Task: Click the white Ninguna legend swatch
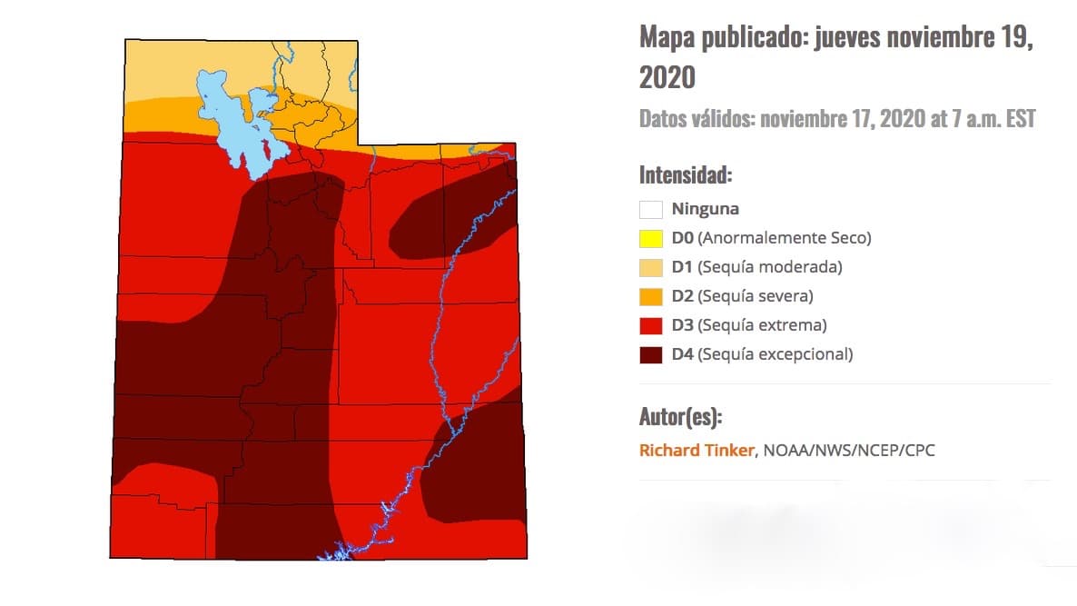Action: tap(651, 209)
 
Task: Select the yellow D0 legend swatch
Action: tap(651, 238)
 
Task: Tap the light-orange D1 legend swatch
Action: tap(651, 267)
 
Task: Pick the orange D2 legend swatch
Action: tap(651, 296)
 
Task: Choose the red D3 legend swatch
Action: tap(651, 325)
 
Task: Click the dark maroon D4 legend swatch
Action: tap(651, 354)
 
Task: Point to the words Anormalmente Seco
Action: tap(786, 238)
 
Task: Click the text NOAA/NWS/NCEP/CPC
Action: tap(848, 450)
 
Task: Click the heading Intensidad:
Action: tap(686, 174)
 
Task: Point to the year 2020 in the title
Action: tap(667, 77)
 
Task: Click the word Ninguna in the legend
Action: tap(706, 209)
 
